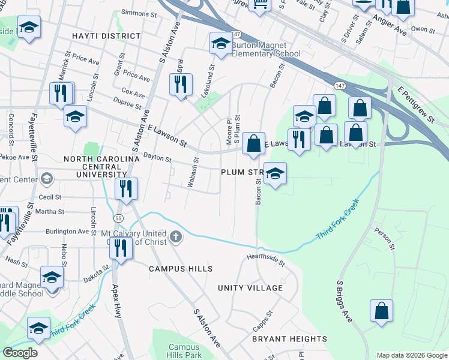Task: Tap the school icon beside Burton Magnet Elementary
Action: coord(221,44)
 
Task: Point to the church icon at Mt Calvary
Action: coord(175,236)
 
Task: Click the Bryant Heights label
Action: coord(289,339)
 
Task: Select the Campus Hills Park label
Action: coord(184,351)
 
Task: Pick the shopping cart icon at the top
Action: coord(259,5)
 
